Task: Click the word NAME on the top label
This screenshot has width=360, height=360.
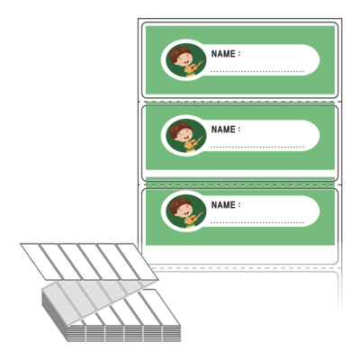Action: (x=223, y=54)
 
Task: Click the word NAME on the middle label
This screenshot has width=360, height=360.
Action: (x=223, y=130)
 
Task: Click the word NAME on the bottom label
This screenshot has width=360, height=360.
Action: (x=223, y=205)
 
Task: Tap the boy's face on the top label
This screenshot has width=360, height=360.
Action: (x=184, y=59)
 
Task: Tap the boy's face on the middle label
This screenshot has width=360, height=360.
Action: (x=184, y=135)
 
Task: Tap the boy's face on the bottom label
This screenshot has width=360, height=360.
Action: (x=184, y=211)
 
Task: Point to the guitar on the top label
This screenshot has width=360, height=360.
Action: (x=194, y=67)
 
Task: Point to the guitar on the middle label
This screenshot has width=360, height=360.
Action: (x=194, y=142)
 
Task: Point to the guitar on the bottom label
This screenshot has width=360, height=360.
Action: (x=194, y=218)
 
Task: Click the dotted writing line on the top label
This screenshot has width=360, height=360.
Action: (x=257, y=72)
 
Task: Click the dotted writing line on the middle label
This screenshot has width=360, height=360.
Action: (x=257, y=148)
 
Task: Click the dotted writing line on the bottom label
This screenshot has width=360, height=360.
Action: (x=257, y=223)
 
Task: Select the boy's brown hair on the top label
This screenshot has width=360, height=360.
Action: (x=178, y=52)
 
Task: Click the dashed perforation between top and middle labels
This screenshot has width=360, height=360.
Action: (x=240, y=102)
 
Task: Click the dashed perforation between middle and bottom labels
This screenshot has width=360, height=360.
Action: (x=240, y=184)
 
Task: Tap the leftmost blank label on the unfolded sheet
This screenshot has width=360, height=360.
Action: (x=38, y=262)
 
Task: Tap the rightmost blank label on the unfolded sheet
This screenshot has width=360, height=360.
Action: (x=137, y=262)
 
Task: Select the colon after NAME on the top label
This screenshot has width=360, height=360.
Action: (x=239, y=54)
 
